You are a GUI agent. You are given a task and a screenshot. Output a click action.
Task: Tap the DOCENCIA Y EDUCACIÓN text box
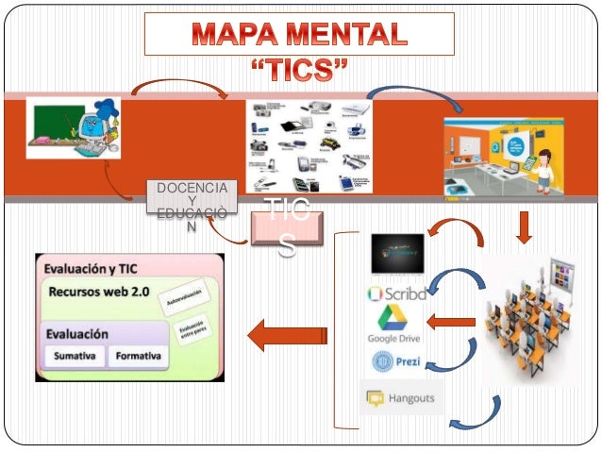point(192,207)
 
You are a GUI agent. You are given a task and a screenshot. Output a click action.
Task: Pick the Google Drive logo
point(393,324)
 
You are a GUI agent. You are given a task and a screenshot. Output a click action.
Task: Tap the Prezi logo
point(396,361)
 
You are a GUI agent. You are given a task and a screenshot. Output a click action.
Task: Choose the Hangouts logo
point(401,398)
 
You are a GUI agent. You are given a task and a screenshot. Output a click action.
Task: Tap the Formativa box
point(138,357)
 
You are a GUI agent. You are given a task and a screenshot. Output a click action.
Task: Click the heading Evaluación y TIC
point(89,268)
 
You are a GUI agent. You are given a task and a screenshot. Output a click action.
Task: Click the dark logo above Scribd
point(397,253)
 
